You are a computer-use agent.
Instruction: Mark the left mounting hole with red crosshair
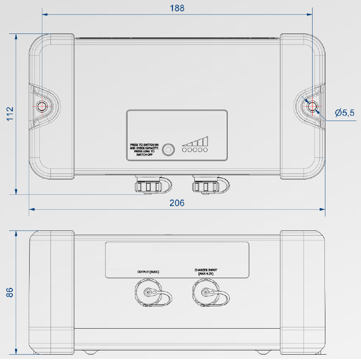pyautogui.click(x=41, y=106)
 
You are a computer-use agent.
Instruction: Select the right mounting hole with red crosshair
pyautogui.click(x=312, y=106)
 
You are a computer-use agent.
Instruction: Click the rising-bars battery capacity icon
pyautogui.click(x=195, y=141)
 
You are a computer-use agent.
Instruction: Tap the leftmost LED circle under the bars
pyautogui.click(x=184, y=151)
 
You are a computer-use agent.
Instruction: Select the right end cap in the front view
pyautogui.click(x=303, y=292)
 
